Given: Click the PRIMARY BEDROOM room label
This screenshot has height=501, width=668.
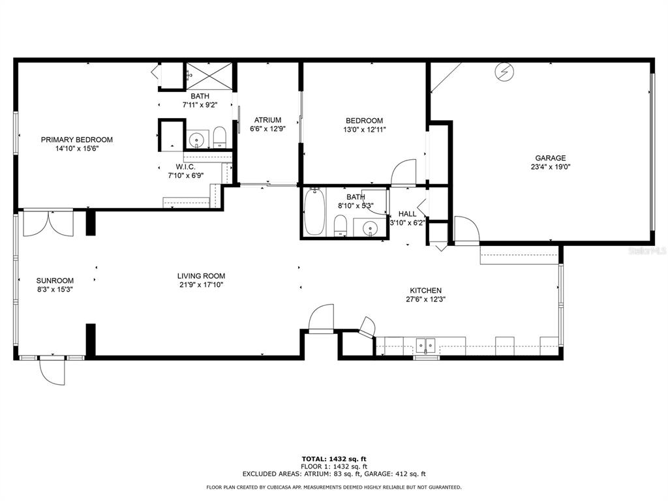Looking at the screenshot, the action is coord(77,140).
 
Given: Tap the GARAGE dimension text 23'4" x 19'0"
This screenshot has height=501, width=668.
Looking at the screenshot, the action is coord(551,167).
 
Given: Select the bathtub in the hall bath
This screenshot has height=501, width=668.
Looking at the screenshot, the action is coord(315,212).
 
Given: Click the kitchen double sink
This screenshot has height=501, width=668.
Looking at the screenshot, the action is coord(425,345).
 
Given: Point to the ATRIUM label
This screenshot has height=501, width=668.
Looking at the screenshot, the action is coord(267,120).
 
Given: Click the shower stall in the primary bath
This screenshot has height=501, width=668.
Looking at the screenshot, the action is coord(209,77).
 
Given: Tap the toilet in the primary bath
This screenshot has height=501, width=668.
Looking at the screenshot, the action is coord(219,137).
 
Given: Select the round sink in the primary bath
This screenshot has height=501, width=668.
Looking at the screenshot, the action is coord(197,139).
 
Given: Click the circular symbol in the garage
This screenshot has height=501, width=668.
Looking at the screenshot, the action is coord(504,72).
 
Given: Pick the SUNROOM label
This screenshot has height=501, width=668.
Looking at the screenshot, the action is coord(55,281).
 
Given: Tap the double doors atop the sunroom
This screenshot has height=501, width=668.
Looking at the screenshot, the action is coord(48,223).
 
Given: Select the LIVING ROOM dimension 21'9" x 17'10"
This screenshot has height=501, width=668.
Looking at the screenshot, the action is coord(202,285).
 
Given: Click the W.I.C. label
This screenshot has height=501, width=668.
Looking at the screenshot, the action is coord(186,166).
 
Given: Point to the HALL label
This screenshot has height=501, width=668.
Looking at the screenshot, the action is coord(407,213).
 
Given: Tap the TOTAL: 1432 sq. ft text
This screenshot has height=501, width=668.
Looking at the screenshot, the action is coord(334,459).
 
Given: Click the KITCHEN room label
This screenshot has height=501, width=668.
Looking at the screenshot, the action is coord(425,290).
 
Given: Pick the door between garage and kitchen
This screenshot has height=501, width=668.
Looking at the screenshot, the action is coord(467,230).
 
